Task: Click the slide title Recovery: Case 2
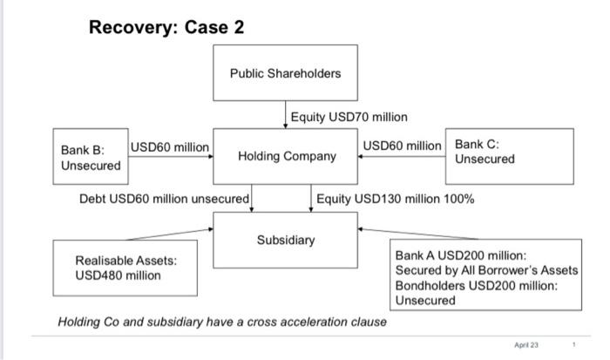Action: coord(166,27)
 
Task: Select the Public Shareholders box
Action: coord(285,73)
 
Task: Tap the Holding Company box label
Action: coord(287,156)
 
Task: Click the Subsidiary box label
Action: coord(286,239)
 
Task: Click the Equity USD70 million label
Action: coord(349,116)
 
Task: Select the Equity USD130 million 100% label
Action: coord(395,199)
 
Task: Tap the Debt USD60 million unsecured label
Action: coord(164,199)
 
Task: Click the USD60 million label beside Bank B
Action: coord(170,146)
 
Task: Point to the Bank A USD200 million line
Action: coord(460,255)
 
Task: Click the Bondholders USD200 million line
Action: coord(476,285)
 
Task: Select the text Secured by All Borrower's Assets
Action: coord(486,270)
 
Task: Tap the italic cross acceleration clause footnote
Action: coord(222,322)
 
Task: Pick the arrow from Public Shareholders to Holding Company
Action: coord(286,113)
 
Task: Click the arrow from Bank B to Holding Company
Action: coord(170,157)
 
